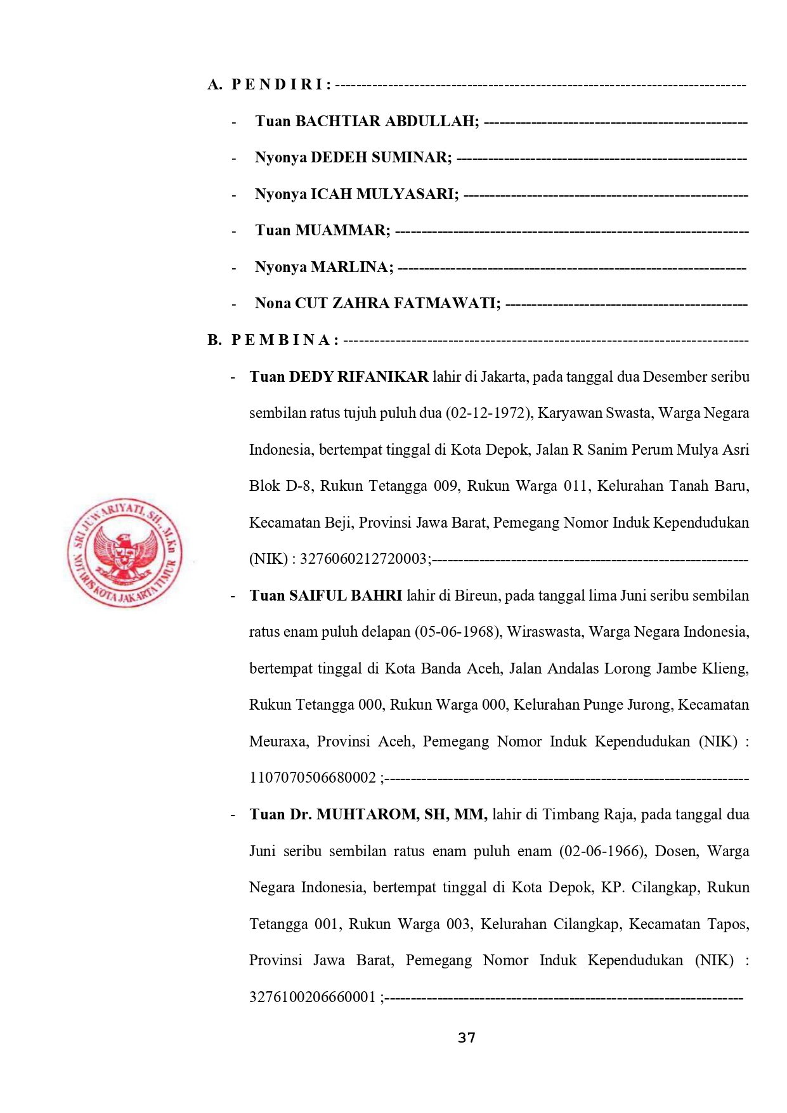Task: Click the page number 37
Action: click(x=466, y=1038)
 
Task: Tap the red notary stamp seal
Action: click(x=125, y=552)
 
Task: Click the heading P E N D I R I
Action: click(x=281, y=84)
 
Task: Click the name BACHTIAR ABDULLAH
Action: click(x=387, y=121)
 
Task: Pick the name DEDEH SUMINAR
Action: click(x=380, y=157)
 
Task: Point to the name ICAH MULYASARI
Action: click(x=384, y=194)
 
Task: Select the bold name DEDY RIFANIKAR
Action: click(x=358, y=377)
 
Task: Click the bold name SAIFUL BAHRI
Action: click(x=345, y=596)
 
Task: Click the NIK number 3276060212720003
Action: click(x=363, y=559)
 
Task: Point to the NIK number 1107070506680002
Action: click(x=313, y=778)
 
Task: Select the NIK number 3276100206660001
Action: click(x=313, y=997)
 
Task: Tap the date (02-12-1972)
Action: click(x=489, y=413)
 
